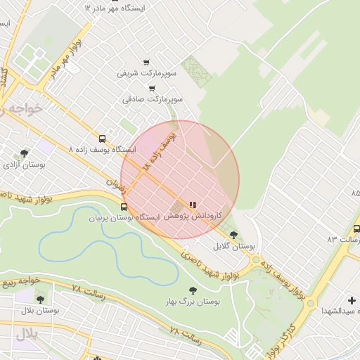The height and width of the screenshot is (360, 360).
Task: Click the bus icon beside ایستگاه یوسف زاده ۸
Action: [x=103, y=139]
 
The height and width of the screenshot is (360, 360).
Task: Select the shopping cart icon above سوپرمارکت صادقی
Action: [x=152, y=89]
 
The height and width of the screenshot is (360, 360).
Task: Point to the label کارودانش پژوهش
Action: [x=193, y=217]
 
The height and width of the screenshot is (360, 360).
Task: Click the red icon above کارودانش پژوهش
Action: [x=193, y=205]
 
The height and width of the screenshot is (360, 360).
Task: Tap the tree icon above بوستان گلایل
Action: [x=233, y=235]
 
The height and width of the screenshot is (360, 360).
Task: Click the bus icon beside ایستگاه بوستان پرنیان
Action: [x=124, y=207]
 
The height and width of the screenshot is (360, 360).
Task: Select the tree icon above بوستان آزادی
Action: [x=25, y=153]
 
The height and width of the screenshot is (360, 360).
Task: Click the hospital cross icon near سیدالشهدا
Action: [x=352, y=300]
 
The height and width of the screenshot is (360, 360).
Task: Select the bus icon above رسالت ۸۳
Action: [x=356, y=229]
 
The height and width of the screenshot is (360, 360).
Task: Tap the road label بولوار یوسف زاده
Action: [x=281, y=274]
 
